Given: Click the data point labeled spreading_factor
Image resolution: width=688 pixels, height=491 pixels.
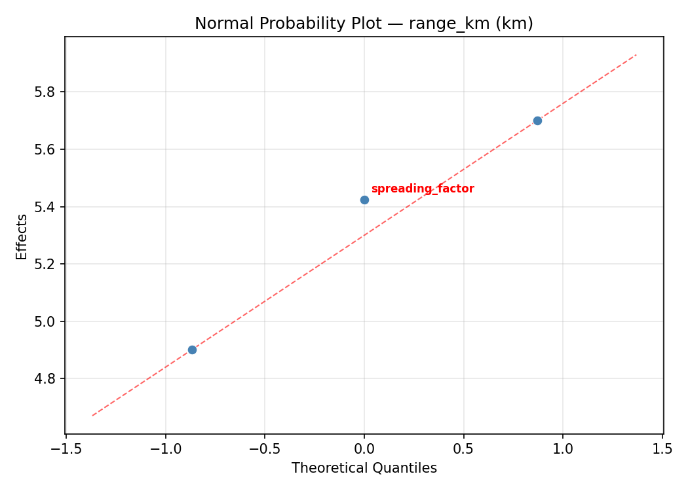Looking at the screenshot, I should (x=364, y=200).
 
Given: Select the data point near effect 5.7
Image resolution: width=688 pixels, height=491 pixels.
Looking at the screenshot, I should (x=537, y=120).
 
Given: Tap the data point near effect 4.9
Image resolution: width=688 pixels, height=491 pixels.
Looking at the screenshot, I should (x=192, y=350).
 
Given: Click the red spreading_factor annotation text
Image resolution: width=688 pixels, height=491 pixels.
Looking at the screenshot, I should (x=423, y=189).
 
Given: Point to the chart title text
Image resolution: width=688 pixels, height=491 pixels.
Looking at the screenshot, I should (x=364, y=24).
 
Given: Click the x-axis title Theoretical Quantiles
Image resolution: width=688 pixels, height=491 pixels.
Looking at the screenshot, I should (x=364, y=468).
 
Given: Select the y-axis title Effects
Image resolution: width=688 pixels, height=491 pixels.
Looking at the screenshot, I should (x=22, y=236).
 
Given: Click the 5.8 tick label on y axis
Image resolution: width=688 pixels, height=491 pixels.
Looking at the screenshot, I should (x=46, y=92).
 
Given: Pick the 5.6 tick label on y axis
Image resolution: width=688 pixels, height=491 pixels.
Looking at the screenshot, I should (x=46, y=149).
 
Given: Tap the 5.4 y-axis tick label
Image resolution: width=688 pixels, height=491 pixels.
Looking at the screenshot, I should (x=46, y=207).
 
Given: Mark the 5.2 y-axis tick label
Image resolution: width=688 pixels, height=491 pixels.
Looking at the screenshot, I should (x=46, y=264).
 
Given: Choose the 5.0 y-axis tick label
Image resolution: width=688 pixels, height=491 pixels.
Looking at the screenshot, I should (x=46, y=321).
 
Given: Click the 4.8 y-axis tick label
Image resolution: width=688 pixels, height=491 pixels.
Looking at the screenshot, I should (x=46, y=379).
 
